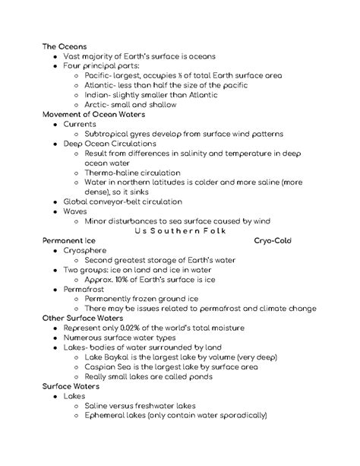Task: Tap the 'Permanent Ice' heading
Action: click(x=69, y=239)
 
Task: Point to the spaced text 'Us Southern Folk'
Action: click(x=180, y=230)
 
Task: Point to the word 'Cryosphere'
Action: click(x=86, y=250)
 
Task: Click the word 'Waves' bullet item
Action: click(x=75, y=211)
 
